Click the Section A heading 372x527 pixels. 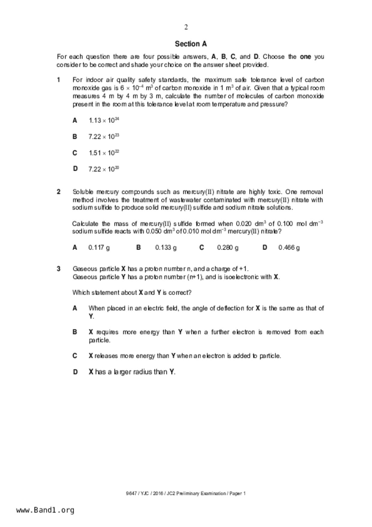[x=191, y=44]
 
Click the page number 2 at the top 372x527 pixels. [x=186, y=27]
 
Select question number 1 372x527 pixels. [x=59, y=80]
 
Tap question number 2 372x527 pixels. [x=59, y=192]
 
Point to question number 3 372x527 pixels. [x=59, y=269]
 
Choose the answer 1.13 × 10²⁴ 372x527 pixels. [x=104, y=120]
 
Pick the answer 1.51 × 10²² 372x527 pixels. [x=104, y=153]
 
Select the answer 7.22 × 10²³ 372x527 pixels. [x=104, y=137]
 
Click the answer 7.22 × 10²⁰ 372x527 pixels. [x=104, y=169]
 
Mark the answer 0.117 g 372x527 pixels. [x=99, y=248]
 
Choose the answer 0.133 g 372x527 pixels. [x=166, y=248]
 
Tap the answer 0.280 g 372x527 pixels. [x=228, y=248]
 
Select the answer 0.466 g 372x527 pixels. [x=289, y=248]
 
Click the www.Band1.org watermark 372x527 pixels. [x=45, y=510]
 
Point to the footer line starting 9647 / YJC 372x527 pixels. [x=186, y=493]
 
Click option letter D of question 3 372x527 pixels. [x=75, y=372]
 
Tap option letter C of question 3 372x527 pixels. [x=75, y=356]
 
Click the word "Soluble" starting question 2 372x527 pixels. [x=83, y=192]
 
